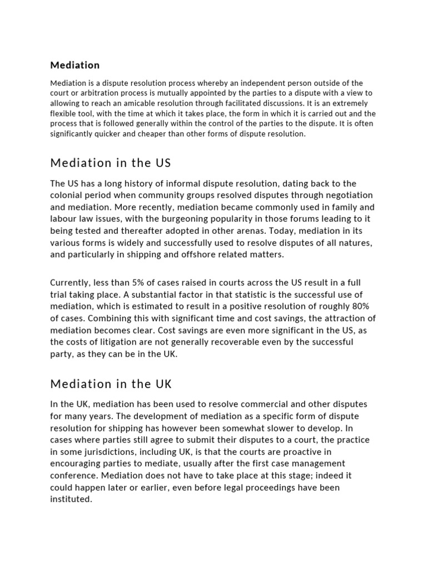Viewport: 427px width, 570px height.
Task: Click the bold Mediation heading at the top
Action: click(75, 65)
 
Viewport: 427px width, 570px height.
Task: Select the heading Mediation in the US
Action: click(111, 163)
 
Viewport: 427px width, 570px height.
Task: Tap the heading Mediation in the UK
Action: click(111, 384)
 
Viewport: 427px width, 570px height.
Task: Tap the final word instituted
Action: click(71, 499)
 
